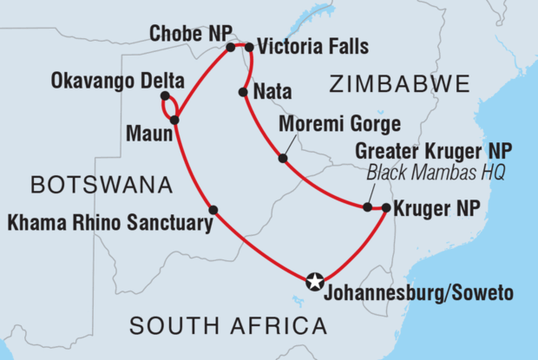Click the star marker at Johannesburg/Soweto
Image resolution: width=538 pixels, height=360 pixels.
[315, 280]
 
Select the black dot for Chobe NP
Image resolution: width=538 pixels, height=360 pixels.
[231, 47]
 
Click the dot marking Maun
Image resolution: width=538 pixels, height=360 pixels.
[175, 120]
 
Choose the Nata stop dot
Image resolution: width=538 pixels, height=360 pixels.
[241, 90]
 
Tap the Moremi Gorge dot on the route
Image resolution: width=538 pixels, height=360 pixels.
[283, 158]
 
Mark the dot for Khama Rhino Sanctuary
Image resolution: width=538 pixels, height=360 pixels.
[213, 208]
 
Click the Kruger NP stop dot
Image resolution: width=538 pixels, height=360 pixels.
[386, 207]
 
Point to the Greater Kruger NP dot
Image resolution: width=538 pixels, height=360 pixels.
[367, 207]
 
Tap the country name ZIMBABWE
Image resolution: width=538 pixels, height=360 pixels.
[399, 84]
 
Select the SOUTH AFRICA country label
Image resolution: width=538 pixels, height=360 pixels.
[228, 326]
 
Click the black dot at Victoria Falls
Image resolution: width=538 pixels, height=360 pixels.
[249, 47]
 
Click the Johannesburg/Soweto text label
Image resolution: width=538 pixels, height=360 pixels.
[417, 292]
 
